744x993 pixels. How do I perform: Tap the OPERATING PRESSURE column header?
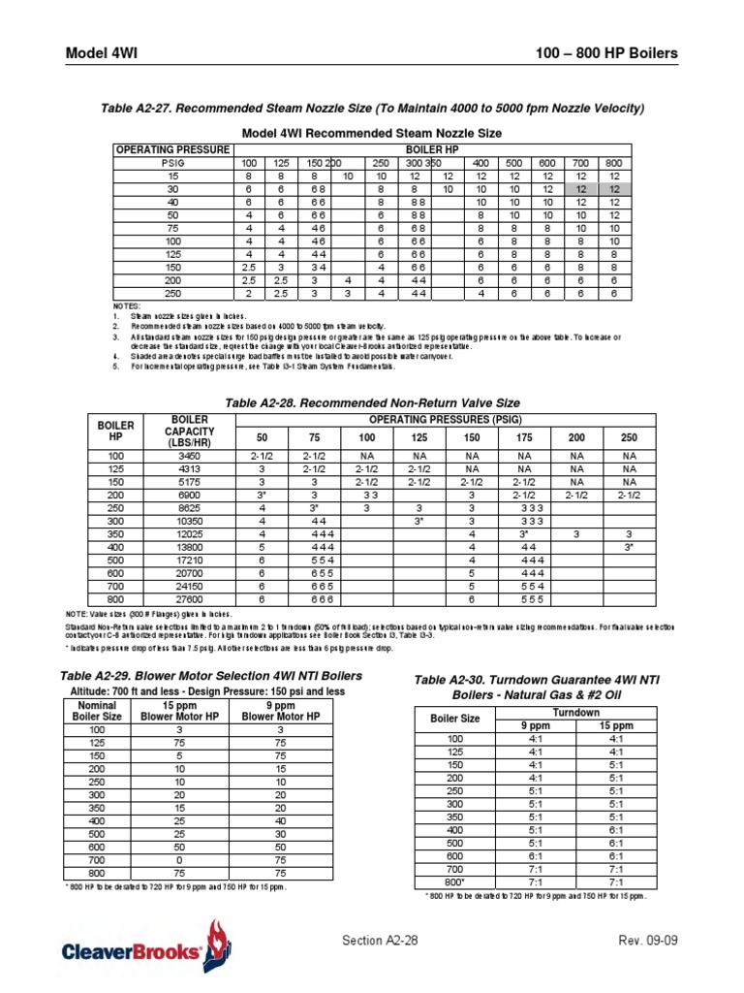[x=172, y=149]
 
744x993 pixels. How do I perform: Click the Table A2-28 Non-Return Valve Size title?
[x=372, y=402]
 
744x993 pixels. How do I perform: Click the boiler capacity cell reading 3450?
[x=189, y=455]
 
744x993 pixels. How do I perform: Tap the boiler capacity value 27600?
[x=189, y=600]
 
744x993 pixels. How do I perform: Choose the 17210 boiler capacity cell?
[x=189, y=561]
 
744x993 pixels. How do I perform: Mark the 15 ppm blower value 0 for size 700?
[x=179, y=859]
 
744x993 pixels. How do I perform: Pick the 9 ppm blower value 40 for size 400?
[x=281, y=820]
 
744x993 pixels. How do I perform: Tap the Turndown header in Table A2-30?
[x=575, y=712]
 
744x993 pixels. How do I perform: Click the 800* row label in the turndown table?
[x=456, y=882]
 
